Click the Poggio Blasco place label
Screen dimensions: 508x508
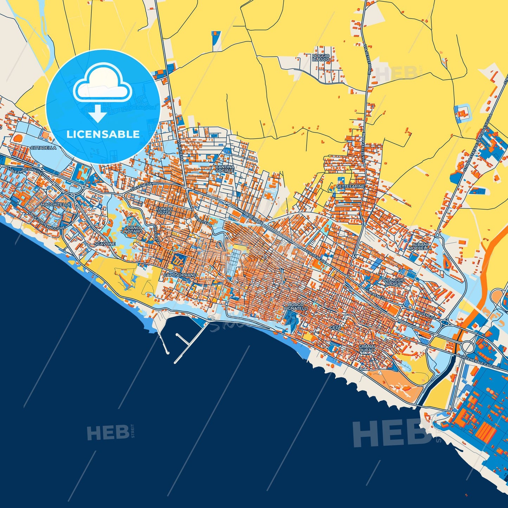321,58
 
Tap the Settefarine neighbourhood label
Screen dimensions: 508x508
350,186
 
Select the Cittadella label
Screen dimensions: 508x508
43,148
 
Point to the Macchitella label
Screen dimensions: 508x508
56,204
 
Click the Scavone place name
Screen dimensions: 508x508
105,244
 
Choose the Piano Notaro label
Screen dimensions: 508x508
133,230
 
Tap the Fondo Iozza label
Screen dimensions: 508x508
164,211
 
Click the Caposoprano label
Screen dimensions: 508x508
180,275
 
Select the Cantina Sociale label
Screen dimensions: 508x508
225,168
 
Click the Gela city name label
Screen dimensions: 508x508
335,327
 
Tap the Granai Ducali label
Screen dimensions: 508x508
367,348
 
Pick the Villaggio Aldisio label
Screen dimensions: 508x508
393,282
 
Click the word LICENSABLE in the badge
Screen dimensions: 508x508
103,134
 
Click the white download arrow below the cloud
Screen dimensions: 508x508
98,114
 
